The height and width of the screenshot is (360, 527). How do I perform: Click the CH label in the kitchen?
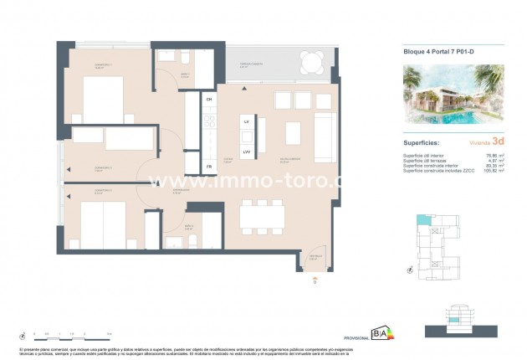point(209,99)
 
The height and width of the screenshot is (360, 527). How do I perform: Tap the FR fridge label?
point(209,167)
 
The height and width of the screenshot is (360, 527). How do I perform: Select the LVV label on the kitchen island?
point(247,152)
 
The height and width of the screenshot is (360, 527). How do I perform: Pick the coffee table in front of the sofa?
point(294,134)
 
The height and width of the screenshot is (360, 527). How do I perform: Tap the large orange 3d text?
point(499,141)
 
